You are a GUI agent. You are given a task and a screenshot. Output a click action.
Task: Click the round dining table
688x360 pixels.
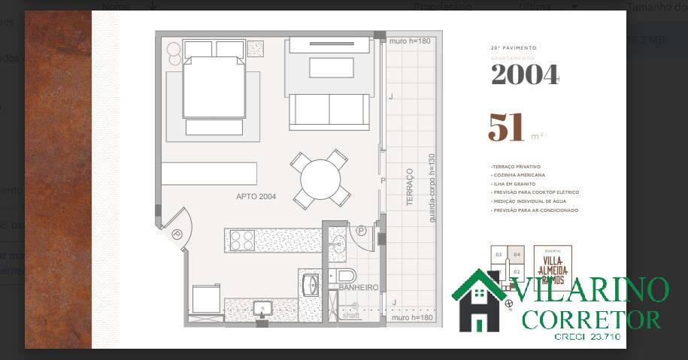coord(321,179)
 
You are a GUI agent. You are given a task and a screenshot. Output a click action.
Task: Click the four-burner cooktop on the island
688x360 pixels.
coord(242,240)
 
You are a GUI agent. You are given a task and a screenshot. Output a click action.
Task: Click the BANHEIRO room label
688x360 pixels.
coord(358,288)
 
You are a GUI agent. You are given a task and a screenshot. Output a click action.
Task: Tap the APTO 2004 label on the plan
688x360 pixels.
coord(256,197)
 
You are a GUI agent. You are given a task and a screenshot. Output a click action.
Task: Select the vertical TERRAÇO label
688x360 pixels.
coord(410,186)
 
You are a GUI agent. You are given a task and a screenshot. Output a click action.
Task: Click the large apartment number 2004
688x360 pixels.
coord(524,74)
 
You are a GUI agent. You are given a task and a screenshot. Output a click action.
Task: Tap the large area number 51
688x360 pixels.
coord(506,128)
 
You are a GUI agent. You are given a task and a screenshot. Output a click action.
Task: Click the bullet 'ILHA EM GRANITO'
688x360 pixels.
coord(514,184)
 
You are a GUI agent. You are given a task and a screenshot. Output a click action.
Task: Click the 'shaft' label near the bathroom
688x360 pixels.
coord(351,316)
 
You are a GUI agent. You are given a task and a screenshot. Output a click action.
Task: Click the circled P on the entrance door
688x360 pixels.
coord(177,234)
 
